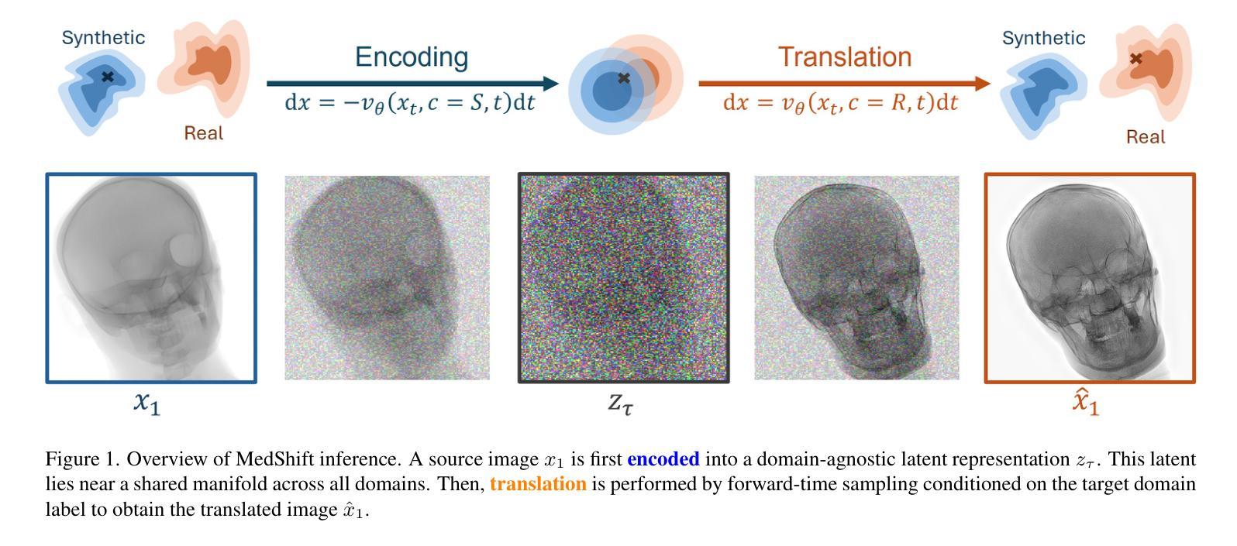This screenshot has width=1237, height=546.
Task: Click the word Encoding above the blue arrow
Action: pyautogui.click(x=412, y=57)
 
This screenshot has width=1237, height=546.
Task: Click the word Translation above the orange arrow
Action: pyautogui.click(x=845, y=57)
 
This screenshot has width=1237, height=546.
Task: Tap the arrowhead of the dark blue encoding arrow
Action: pyautogui.click(x=550, y=84)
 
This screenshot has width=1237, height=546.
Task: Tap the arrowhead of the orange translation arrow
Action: pyautogui.click(x=983, y=84)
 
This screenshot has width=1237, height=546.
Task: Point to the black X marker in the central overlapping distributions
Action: pyautogui.click(x=624, y=78)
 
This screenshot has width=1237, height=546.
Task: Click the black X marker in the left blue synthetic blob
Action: pyautogui.click(x=108, y=76)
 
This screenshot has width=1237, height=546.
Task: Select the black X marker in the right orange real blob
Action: pyautogui.click(x=1136, y=58)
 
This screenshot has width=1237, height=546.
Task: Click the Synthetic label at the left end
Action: pyautogui.click(x=103, y=37)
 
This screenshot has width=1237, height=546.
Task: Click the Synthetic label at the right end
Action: pyautogui.click(x=1044, y=38)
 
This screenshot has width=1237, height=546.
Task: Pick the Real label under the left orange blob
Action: pyautogui.click(x=204, y=133)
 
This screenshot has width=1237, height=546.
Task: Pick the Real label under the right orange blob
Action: pyautogui.click(x=1146, y=137)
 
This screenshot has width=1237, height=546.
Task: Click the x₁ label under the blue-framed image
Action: pyautogui.click(x=147, y=403)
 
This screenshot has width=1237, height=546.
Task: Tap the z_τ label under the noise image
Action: pyautogui.click(x=621, y=403)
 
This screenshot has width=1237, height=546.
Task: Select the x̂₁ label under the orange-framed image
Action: pyautogui.click(x=1086, y=401)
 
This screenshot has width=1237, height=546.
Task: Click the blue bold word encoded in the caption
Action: pyautogui.click(x=663, y=458)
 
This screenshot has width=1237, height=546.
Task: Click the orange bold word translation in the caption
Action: pyautogui.click(x=538, y=483)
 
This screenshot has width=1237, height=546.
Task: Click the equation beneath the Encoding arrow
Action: pyautogui.click(x=410, y=103)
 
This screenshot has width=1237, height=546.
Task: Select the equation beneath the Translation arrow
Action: pyautogui.click(x=840, y=103)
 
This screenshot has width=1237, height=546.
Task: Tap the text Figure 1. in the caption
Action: pyautogui.click(x=82, y=458)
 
